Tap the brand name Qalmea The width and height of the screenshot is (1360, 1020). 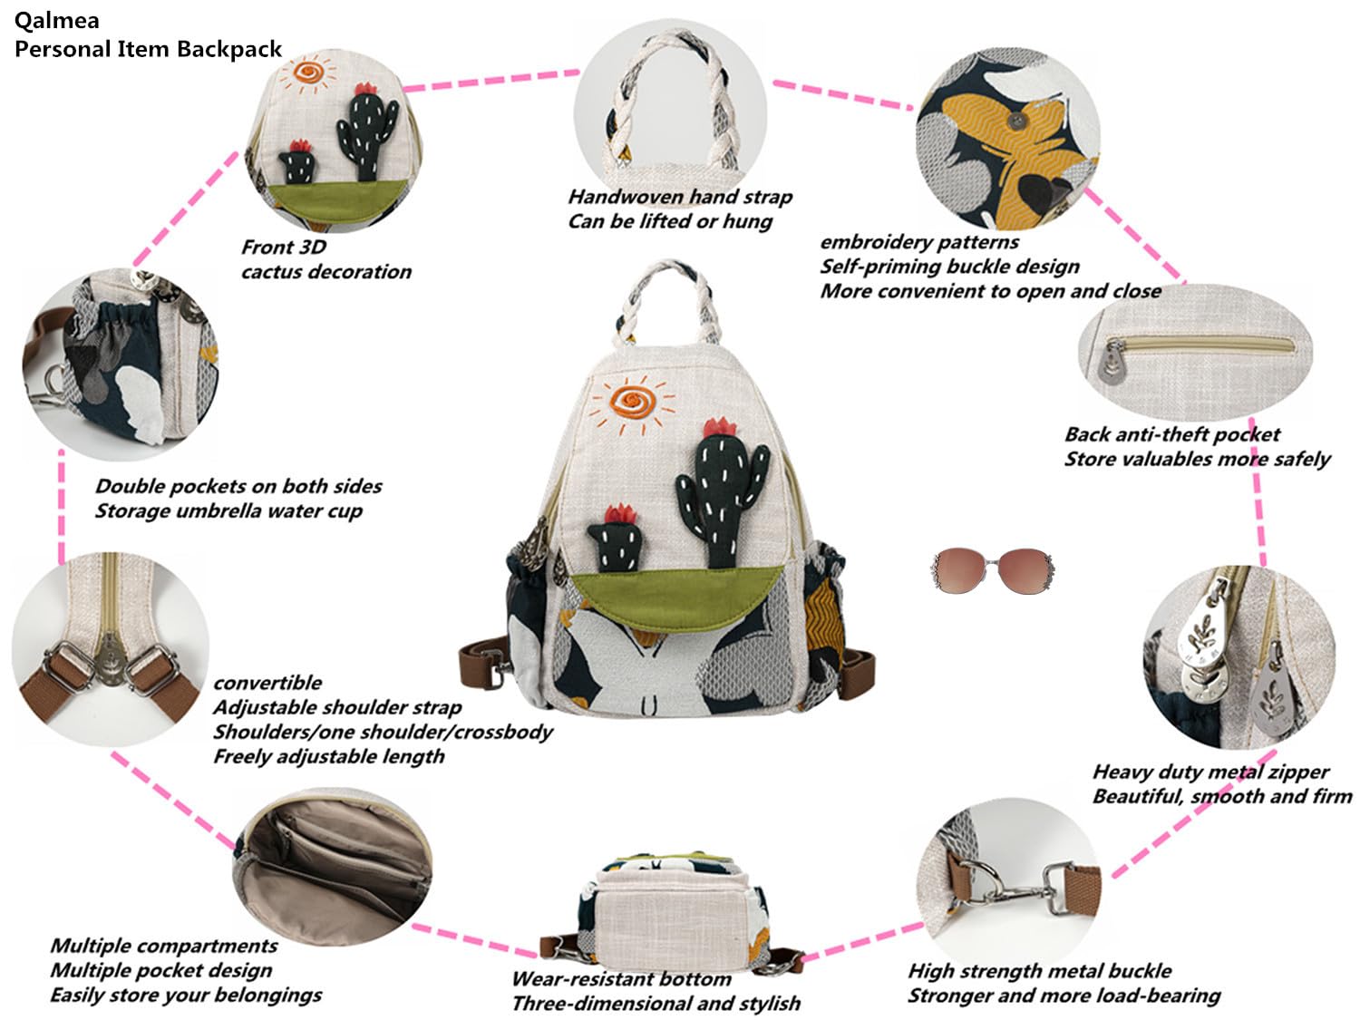point(56,21)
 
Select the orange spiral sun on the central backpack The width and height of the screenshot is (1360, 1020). point(632,403)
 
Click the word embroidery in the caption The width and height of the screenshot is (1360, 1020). point(873,242)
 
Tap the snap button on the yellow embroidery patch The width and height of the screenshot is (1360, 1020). point(1015,121)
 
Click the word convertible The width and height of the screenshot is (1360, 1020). point(267,683)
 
